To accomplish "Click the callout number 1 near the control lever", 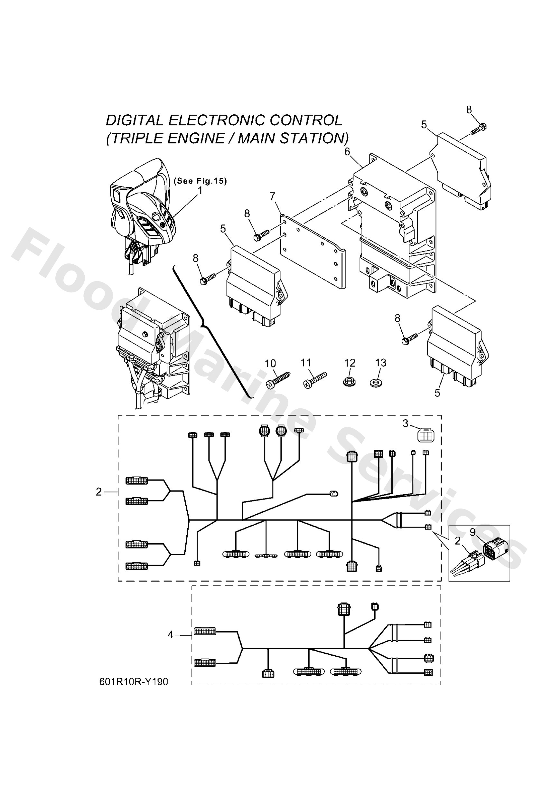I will tap(200, 190).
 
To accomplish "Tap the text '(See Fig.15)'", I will tap(201, 181).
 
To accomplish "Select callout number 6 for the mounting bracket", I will tap(348, 151).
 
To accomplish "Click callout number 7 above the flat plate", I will tap(273, 196).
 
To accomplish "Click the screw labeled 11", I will tap(314, 380).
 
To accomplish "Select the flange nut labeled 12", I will tap(349, 381).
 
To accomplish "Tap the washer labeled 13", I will tap(377, 382).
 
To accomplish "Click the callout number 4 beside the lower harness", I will tap(171, 635).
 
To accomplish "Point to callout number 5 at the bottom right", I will tap(437, 393).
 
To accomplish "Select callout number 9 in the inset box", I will tap(472, 532).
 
